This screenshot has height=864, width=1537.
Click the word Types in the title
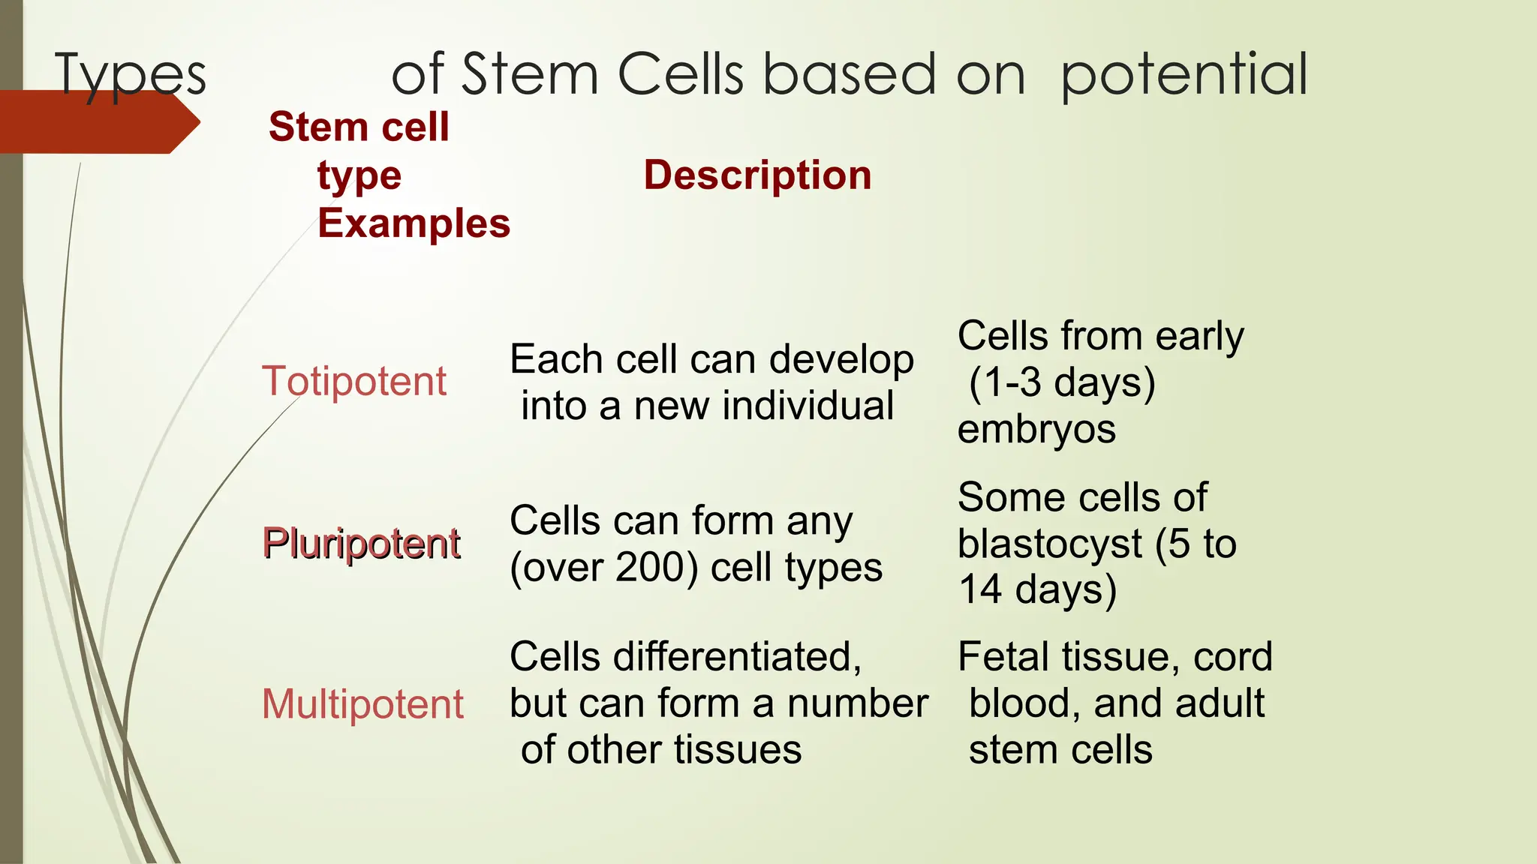tap(131, 75)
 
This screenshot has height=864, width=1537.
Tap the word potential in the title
tap(1184, 75)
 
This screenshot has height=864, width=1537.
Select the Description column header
tap(757, 175)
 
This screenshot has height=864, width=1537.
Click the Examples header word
tap(414, 224)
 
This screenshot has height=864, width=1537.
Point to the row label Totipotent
tap(354, 381)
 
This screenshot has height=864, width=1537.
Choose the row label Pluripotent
tap(361, 543)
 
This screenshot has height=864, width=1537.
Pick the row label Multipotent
tap(362, 704)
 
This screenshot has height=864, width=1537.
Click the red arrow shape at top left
tap(98, 122)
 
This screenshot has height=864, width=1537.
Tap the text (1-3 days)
tap(1062, 382)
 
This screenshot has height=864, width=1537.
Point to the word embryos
tap(1036, 430)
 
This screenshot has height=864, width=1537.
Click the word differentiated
tap(737, 657)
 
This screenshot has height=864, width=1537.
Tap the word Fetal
tap(1003, 657)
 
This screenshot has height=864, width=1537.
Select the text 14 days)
tap(1038, 589)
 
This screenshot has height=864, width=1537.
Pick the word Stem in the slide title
tap(530, 75)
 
